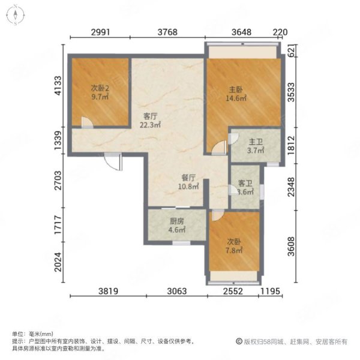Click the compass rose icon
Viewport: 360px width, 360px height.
[x=16, y=15]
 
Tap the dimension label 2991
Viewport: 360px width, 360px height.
[x=101, y=32]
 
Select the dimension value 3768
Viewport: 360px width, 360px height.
[x=167, y=32]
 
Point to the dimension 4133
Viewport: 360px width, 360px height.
[x=58, y=85]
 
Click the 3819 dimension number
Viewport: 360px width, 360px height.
[x=109, y=291]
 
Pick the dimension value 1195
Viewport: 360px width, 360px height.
[x=271, y=291]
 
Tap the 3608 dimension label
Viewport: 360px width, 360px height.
[x=291, y=247]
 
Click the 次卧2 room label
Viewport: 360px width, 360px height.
[x=100, y=88]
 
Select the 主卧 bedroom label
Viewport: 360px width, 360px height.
[x=236, y=89]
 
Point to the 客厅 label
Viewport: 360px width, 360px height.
[x=151, y=116]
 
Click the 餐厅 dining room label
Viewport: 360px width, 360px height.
[x=188, y=178]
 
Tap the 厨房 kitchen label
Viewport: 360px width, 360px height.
[x=177, y=221]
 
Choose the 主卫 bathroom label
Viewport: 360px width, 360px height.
[x=256, y=142]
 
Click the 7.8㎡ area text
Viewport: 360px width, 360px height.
[x=234, y=250]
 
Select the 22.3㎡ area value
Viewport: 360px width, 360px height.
[x=151, y=125]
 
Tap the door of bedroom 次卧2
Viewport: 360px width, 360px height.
[x=87, y=122]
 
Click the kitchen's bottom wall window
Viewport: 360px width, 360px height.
[x=181, y=242]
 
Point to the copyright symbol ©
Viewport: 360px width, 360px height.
[x=239, y=341]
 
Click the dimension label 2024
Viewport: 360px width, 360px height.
[x=58, y=262]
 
